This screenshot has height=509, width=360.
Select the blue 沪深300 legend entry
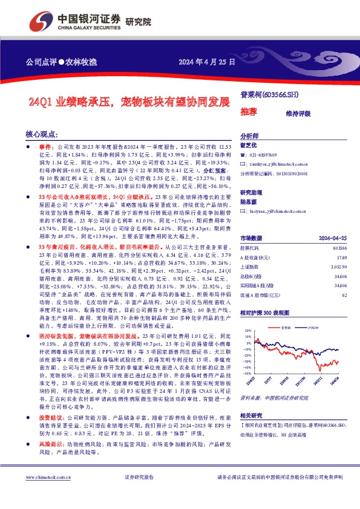(x=313, y=310)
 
